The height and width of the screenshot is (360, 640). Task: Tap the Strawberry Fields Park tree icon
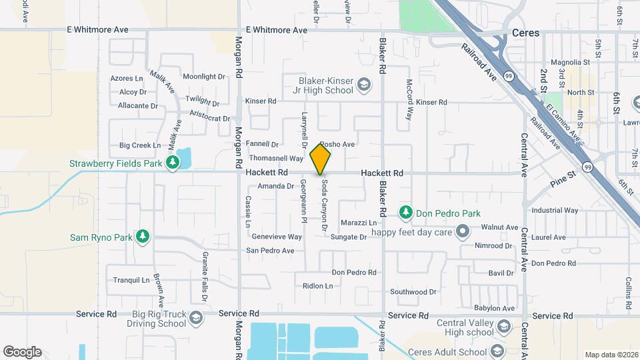(x=173, y=163)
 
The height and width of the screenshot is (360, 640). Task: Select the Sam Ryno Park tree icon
(x=141, y=237)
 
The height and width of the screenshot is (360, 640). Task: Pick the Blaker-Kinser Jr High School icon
(x=364, y=85)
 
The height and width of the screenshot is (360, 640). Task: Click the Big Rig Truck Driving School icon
(x=196, y=317)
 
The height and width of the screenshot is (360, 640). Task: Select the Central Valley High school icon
(x=504, y=327)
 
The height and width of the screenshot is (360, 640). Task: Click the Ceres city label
(x=525, y=32)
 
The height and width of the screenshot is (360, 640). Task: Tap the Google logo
(x=22, y=352)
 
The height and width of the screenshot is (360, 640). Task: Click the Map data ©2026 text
(x=611, y=355)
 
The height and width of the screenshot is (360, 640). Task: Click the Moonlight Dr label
(x=204, y=77)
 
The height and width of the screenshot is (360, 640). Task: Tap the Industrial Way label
(x=555, y=211)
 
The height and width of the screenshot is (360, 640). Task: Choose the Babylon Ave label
(x=494, y=309)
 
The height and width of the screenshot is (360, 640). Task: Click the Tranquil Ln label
(x=131, y=280)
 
